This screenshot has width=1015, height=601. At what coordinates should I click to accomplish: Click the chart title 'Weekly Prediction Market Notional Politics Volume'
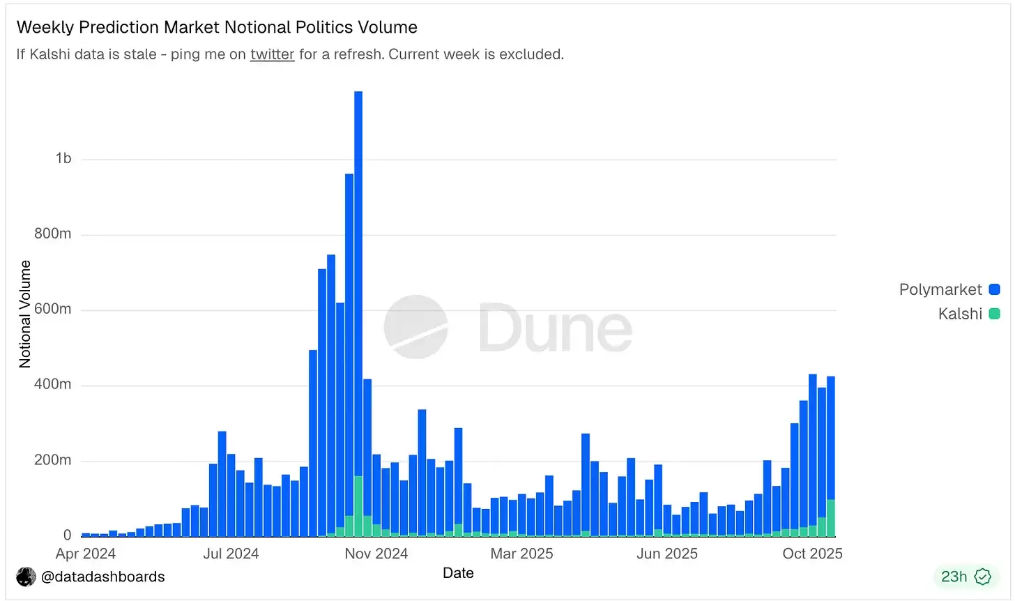click(217, 27)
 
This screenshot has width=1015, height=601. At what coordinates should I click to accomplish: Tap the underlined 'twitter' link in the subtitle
click(272, 54)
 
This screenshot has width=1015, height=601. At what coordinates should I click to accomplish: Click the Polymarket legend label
click(940, 289)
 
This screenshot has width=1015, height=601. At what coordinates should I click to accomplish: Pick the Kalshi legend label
click(959, 314)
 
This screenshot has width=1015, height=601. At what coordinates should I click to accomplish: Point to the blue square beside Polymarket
click(995, 289)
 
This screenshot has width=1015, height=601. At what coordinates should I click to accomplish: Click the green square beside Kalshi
click(995, 314)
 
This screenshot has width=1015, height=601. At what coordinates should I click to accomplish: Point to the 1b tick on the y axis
click(63, 159)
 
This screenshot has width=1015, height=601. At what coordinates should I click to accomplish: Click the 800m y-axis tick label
click(53, 234)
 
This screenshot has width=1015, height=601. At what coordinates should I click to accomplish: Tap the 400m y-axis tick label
click(53, 384)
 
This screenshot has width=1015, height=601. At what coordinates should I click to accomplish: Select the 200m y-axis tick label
click(53, 460)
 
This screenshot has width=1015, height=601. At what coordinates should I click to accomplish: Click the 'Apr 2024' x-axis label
click(86, 554)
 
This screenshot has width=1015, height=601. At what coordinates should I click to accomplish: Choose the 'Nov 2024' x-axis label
click(376, 554)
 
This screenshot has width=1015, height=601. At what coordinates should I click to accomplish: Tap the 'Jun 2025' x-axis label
click(667, 554)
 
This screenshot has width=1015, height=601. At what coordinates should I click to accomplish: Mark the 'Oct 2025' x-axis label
click(812, 554)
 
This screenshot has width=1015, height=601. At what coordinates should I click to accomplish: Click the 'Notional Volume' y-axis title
click(26, 314)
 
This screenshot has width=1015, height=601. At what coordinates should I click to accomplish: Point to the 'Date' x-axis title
click(458, 573)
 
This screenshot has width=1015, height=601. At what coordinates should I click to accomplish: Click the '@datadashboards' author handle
click(103, 577)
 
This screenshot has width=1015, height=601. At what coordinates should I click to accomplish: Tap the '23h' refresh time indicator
click(954, 577)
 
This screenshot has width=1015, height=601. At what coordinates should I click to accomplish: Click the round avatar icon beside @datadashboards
click(26, 577)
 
